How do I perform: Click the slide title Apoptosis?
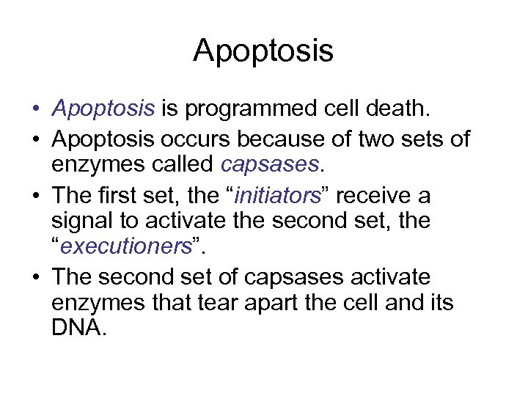(x=263, y=51)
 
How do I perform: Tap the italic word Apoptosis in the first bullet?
(x=103, y=110)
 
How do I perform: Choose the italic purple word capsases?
(x=271, y=164)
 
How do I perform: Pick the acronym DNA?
(x=79, y=328)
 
